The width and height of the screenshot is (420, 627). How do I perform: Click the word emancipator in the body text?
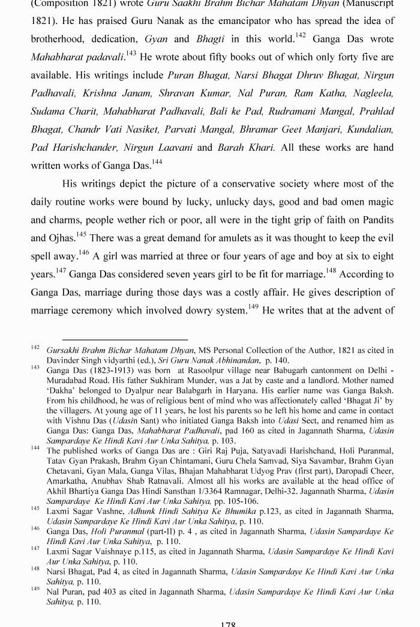click(236, 21)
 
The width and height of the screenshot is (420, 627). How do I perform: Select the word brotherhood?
click(59, 39)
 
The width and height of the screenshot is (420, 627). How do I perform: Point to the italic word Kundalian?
click(370, 129)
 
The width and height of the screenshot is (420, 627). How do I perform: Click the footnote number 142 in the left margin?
click(35, 348)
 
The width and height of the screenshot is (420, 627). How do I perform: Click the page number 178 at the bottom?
click(228, 623)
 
